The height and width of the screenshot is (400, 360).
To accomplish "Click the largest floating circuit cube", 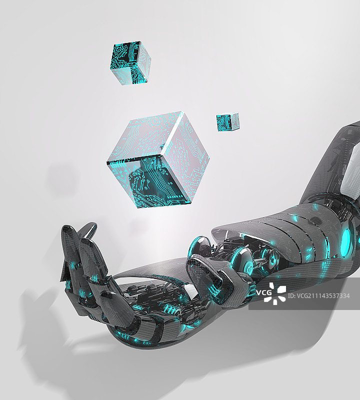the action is point(158,160).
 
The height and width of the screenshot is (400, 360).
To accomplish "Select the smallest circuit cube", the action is point(228,121).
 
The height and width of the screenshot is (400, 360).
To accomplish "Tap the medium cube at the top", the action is point(130,63).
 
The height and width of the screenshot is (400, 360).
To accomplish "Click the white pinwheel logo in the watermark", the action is point(274,293).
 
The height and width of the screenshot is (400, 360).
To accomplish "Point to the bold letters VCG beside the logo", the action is point(264,292).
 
